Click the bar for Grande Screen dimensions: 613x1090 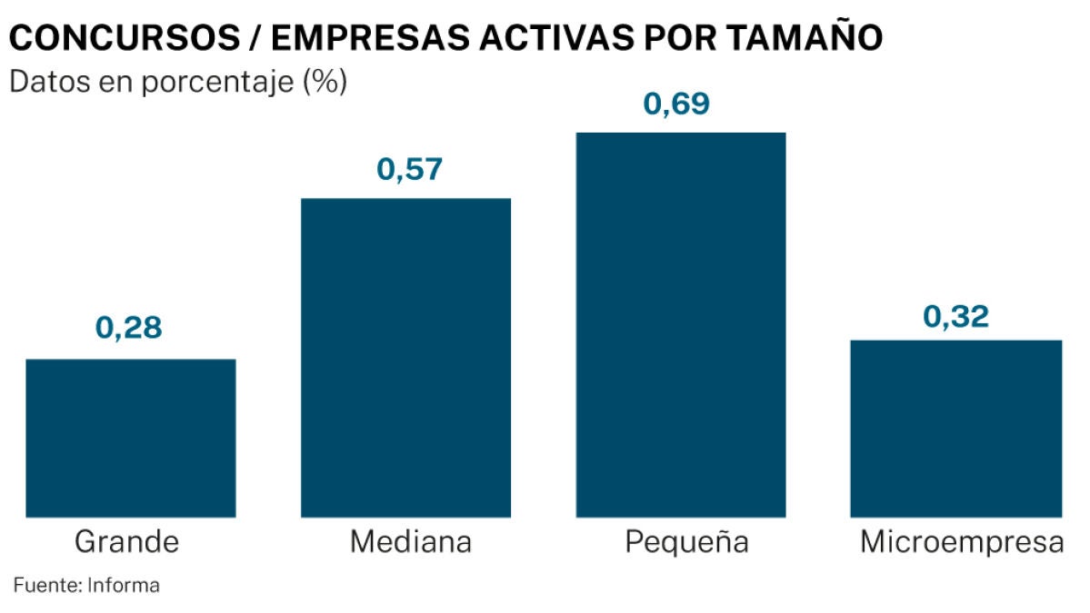coord(131,438)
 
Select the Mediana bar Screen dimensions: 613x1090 coord(405,358)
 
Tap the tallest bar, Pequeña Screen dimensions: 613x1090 coord(681,325)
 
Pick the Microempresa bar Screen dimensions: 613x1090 coord(955,429)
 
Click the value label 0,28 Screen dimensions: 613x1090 coord(129,328)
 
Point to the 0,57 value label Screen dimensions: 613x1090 coord(409,170)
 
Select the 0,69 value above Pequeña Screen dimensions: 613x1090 coord(676,104)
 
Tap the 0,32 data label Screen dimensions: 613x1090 coord(955,318)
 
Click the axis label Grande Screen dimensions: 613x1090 coord(126,543)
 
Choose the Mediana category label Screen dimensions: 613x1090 coord(411,543)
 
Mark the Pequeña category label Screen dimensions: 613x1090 coord(686,543)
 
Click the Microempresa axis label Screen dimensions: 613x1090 coord(962,543)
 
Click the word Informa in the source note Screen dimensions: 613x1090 coord(124,586)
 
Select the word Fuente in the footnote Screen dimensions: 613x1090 coord(45,586)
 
